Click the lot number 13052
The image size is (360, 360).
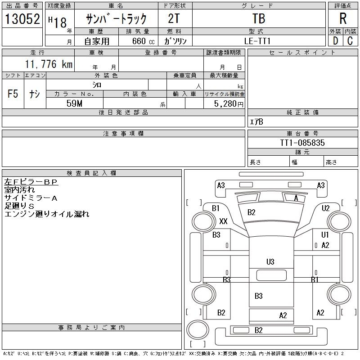[22, 19]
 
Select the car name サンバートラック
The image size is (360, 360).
[117, 19]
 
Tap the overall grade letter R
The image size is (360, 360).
[343, 18]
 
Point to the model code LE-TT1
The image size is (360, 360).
[258, 40]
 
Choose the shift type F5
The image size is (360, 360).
[13, 94]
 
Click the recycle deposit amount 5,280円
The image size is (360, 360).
[229, 103]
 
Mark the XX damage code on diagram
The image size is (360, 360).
[223, 221]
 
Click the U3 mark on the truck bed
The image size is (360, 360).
[270, 261]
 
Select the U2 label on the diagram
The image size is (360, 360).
[325, 208]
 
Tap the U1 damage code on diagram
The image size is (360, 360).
[325, 235]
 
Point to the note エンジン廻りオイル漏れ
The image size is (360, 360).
[47, 214]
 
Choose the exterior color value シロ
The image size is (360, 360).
[97, 85]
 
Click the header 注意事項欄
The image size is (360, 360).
[123, 134]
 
